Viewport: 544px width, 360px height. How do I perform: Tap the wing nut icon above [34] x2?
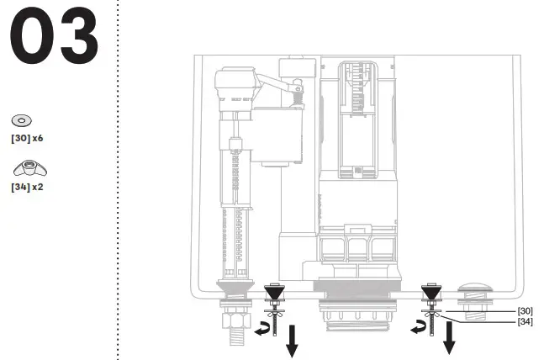point(24,169)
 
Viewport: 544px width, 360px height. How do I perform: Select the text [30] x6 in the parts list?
point(27,136)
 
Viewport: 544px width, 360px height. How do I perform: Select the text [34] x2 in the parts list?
point(27,186)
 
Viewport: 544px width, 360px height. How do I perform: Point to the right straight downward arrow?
point(450,336)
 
